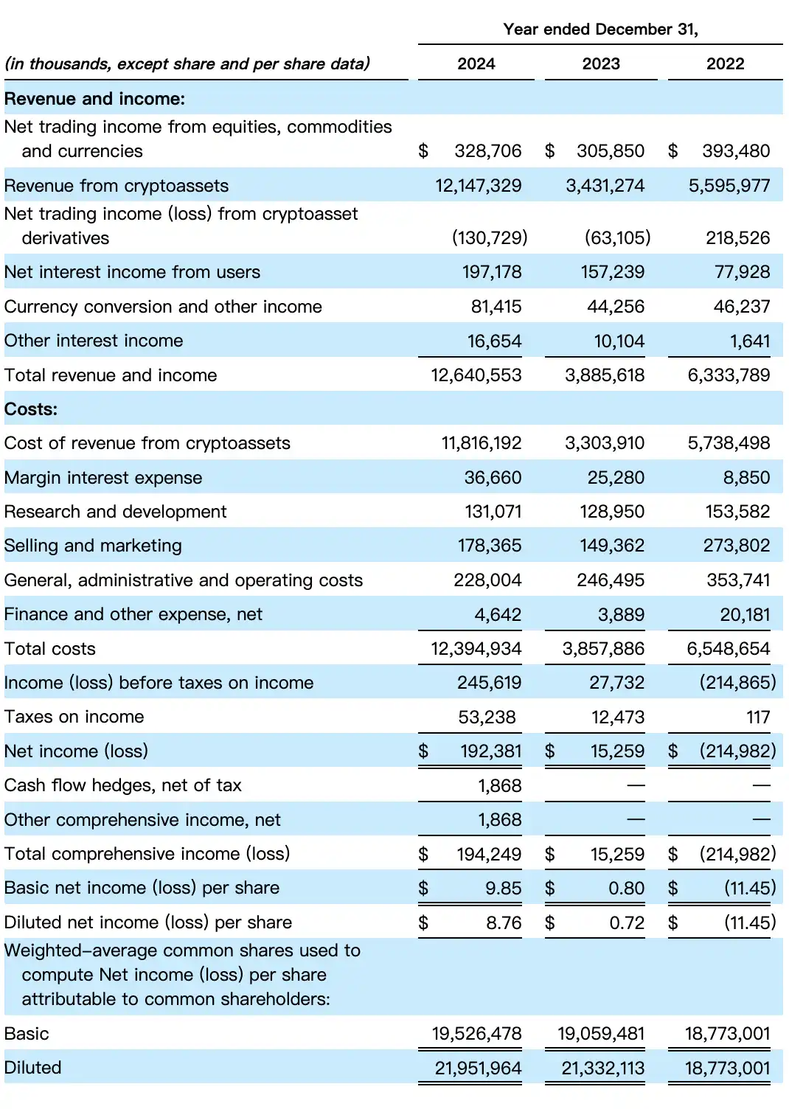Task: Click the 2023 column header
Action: (601, 64)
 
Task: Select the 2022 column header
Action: (725, 64)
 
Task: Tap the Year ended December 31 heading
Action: (600, 29)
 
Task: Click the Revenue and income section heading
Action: (95, 99)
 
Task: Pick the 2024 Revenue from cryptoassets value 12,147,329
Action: (478, 186)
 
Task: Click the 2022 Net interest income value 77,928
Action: (742, 272)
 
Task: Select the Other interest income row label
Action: (94, 341)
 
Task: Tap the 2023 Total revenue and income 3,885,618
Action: (605, 375)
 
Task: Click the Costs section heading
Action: (31, 409)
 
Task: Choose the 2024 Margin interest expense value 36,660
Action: (493, 478)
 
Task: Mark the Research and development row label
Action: (116, 512)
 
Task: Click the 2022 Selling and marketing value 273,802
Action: (736, 546)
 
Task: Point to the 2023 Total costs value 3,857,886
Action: (603, 649)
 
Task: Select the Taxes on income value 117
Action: (758, 717)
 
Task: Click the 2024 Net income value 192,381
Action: (490, 751)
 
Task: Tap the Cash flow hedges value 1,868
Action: (499, 786)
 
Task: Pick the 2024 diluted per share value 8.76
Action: (504, 923)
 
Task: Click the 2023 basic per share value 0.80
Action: (626, 889)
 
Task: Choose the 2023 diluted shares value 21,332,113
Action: (602, 1068)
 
